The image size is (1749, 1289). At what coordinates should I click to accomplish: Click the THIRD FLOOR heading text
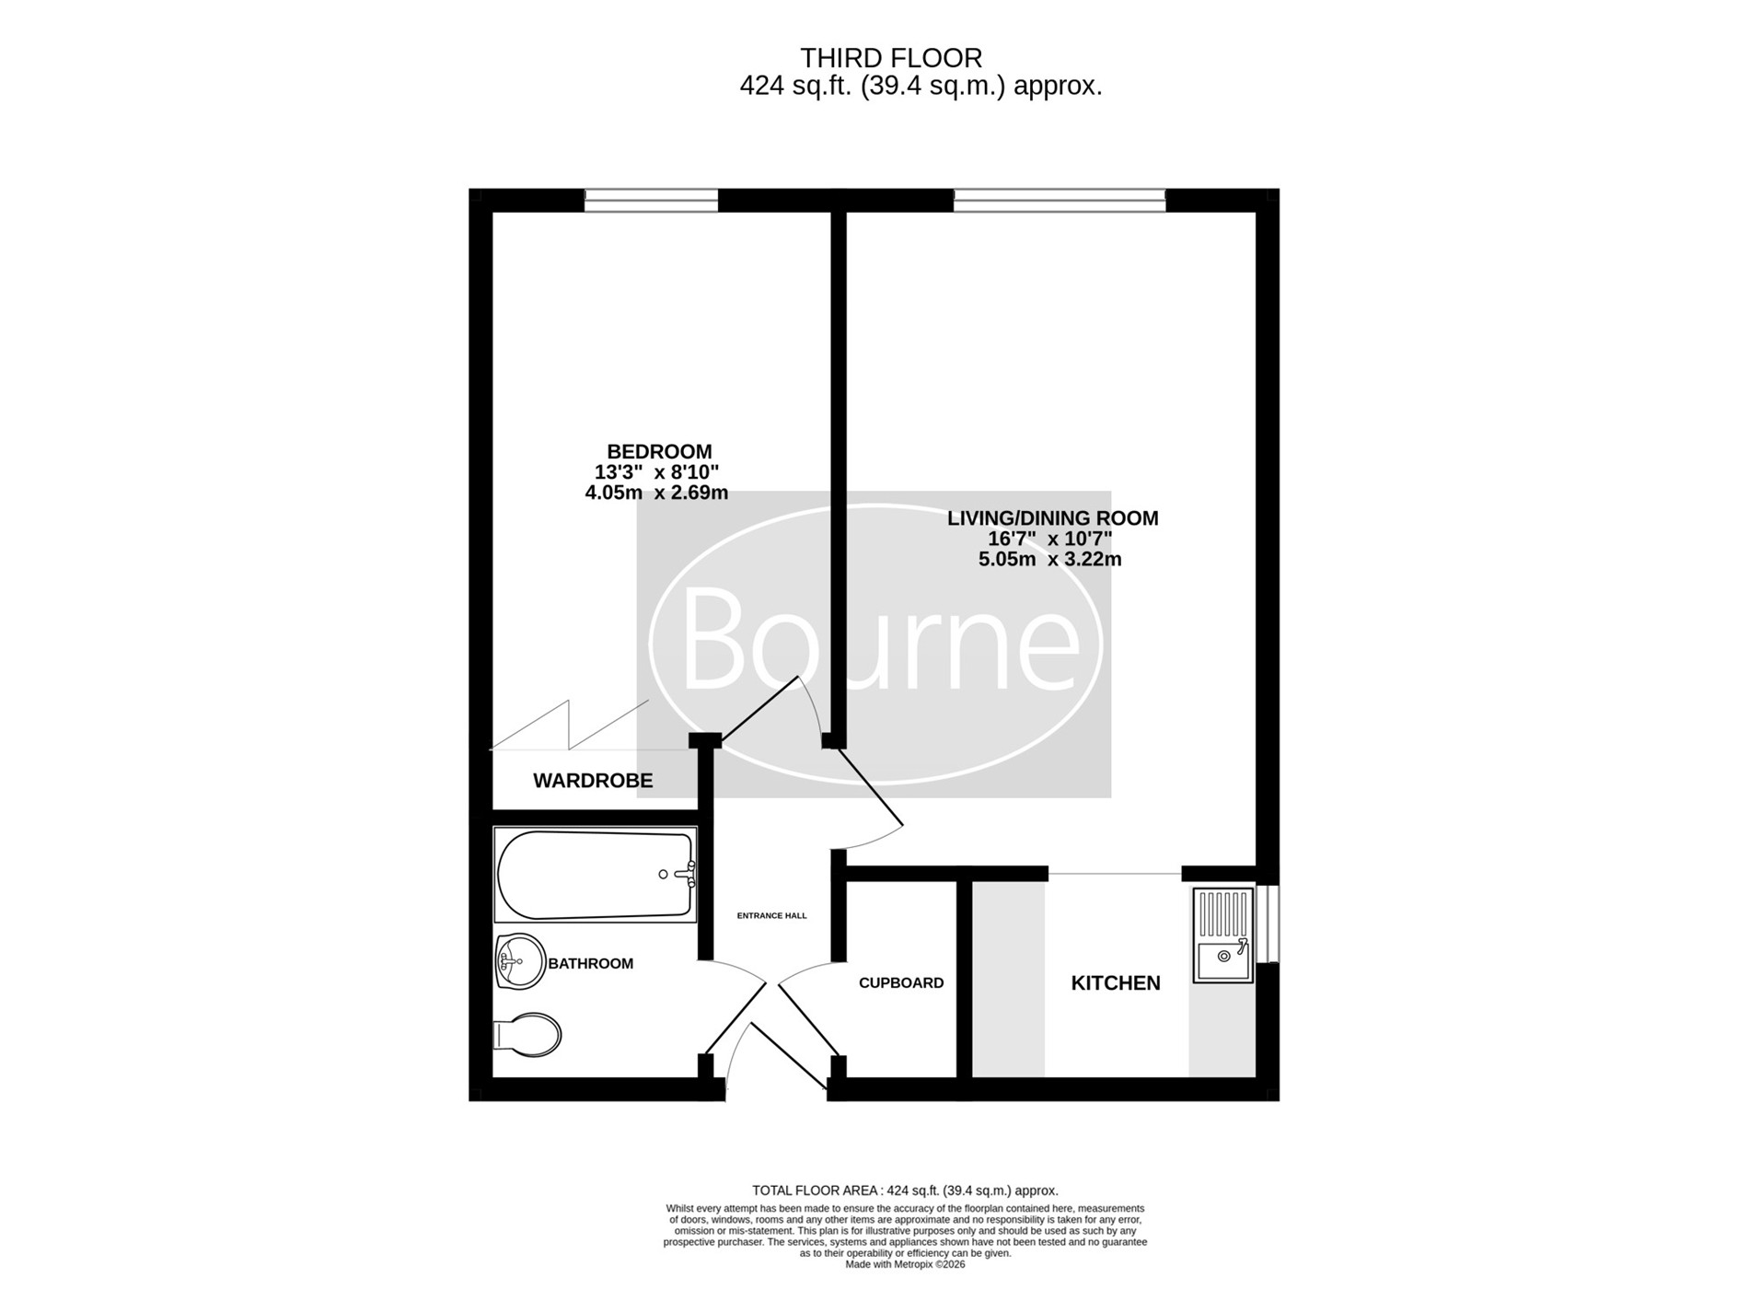[891, 58]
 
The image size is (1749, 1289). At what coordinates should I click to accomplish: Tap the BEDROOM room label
[659, 452]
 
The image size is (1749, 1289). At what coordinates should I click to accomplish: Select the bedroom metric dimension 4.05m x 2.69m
[656, 493]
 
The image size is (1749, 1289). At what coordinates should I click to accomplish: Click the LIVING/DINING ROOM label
[1053, 518]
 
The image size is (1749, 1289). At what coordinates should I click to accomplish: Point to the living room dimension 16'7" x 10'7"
[1050, 539]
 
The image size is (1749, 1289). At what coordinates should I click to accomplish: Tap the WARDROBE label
[593, 781]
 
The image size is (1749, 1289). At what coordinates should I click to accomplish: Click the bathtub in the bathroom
[596, 875]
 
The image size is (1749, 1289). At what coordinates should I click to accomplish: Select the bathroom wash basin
[520, 962]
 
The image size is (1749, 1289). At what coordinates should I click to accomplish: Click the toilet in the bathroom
[527, 1036]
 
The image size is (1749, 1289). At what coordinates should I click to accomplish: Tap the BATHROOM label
[591, 964]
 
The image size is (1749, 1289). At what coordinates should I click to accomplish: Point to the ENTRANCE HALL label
[771, 916]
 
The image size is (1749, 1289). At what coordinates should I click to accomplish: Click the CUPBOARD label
[901, 983]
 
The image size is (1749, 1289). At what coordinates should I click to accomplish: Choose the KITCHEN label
[1116, 983]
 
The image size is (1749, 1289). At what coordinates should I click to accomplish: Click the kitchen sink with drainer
[1223, 935]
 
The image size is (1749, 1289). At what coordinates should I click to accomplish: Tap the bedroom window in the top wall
[651, 200]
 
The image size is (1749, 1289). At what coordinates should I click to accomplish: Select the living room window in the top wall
[1060, 200]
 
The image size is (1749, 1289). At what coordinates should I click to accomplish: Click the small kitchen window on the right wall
[1268, 923]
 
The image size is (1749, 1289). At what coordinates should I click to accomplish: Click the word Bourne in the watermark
[879, 639]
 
